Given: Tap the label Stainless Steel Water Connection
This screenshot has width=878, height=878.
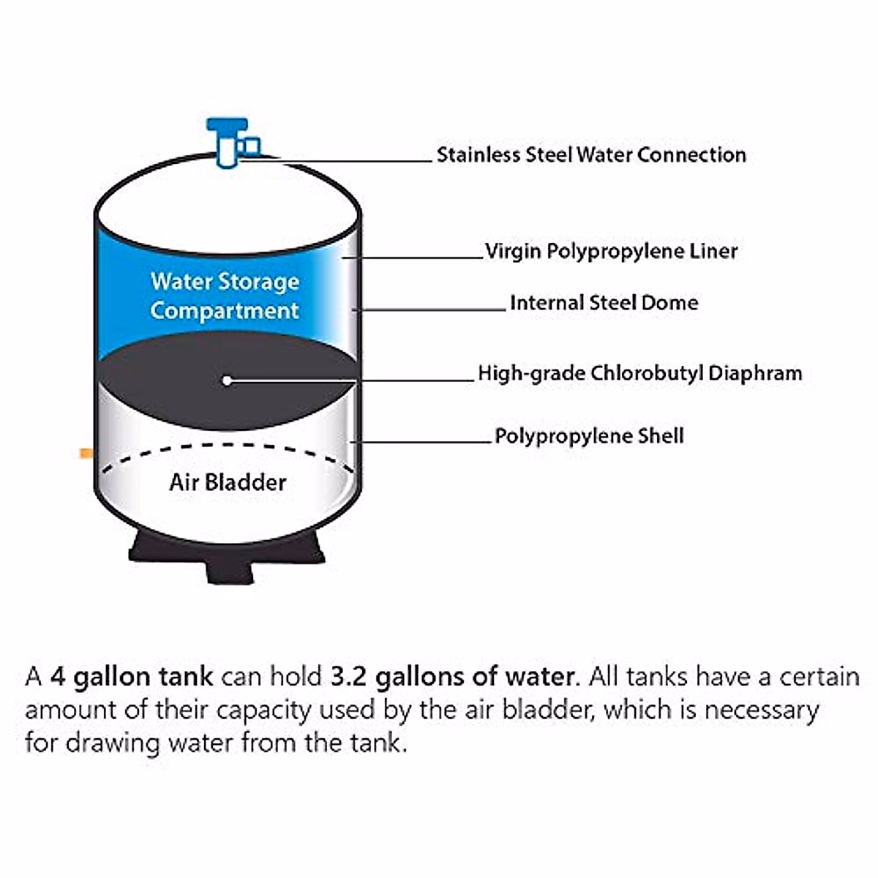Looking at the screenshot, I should (x=591, y=155).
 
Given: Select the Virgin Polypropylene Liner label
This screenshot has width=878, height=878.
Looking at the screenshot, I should (x=612, y=252).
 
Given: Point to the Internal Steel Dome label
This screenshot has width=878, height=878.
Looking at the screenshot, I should (x=604, y=303).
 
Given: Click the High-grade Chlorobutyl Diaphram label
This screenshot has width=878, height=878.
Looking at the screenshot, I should (x=640, y=373).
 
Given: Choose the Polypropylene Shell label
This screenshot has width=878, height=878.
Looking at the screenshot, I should (x=589, y=436).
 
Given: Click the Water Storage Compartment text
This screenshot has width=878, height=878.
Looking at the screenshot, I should (x=225, y=296).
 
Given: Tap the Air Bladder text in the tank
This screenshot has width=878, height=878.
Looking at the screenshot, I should (x=228, y=482).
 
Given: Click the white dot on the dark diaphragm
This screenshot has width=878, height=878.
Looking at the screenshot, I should (x=228, y=380).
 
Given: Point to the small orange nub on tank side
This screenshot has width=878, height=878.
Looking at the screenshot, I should (x=86, y=454).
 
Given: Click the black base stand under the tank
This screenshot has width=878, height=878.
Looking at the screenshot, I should (x=228, y=556).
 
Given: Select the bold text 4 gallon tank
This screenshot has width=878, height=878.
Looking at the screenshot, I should (x=132, y=676).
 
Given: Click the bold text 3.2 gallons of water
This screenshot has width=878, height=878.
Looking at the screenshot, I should (x=452, y=676).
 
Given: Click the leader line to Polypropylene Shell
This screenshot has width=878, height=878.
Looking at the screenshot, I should (x=424, y=442).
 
